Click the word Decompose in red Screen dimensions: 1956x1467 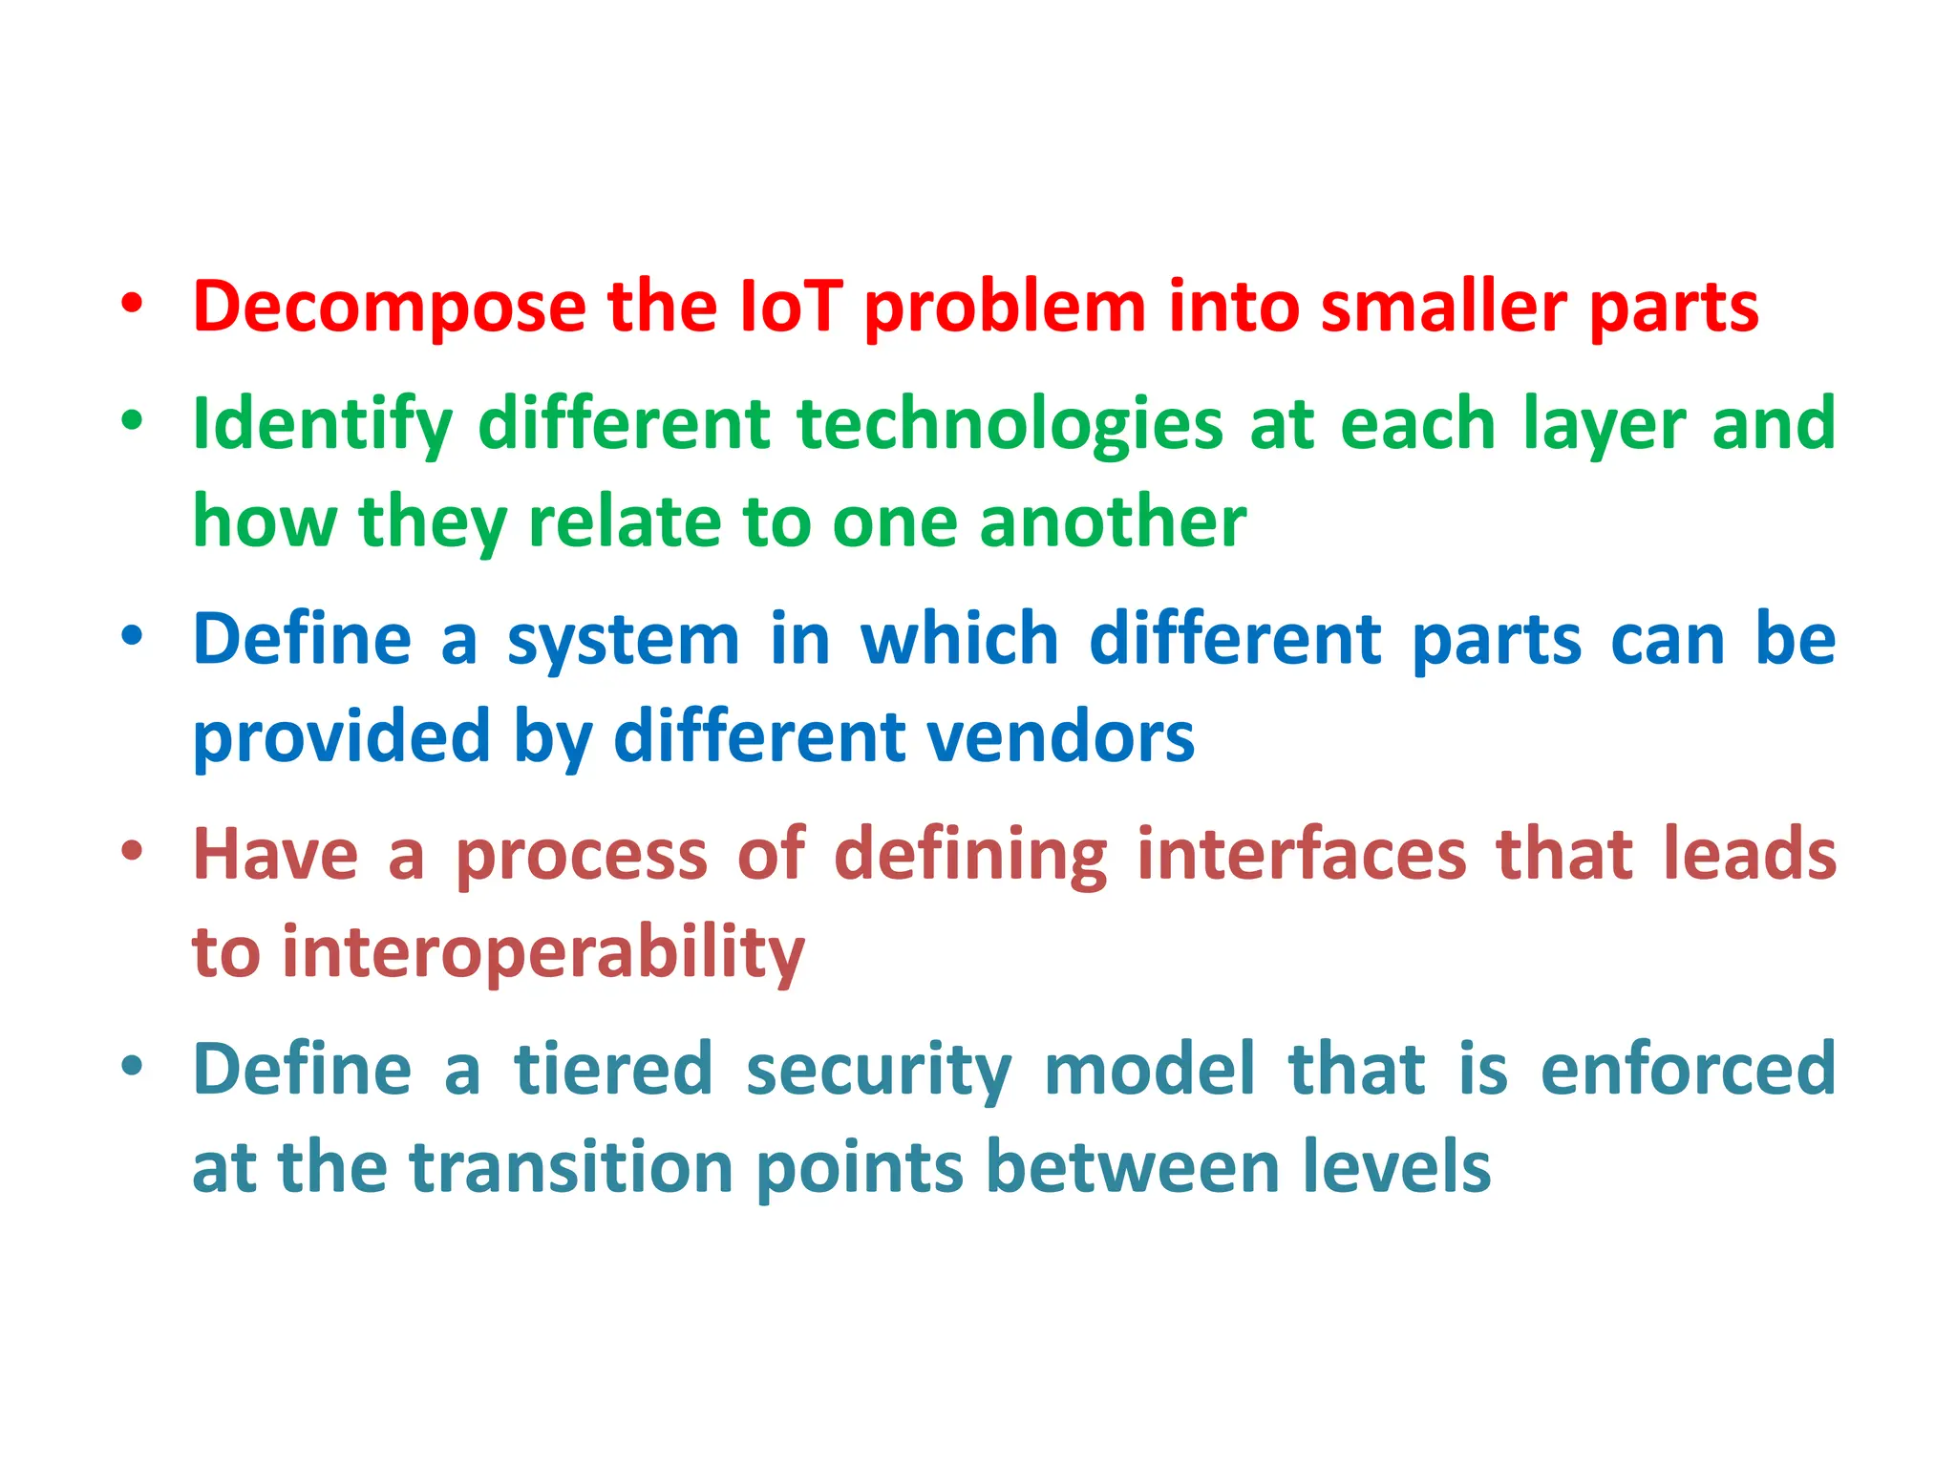click(389, 308)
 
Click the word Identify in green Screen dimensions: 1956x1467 click(322, 425)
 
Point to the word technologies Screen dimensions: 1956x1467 click(1010, 425)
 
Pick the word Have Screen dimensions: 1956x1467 click(275, 854)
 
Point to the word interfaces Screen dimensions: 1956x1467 click(1301, 854)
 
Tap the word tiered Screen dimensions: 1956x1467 click(613, 1069)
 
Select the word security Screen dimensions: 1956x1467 click(878, 1069)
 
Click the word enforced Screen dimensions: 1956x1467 click(1688, 1069)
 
